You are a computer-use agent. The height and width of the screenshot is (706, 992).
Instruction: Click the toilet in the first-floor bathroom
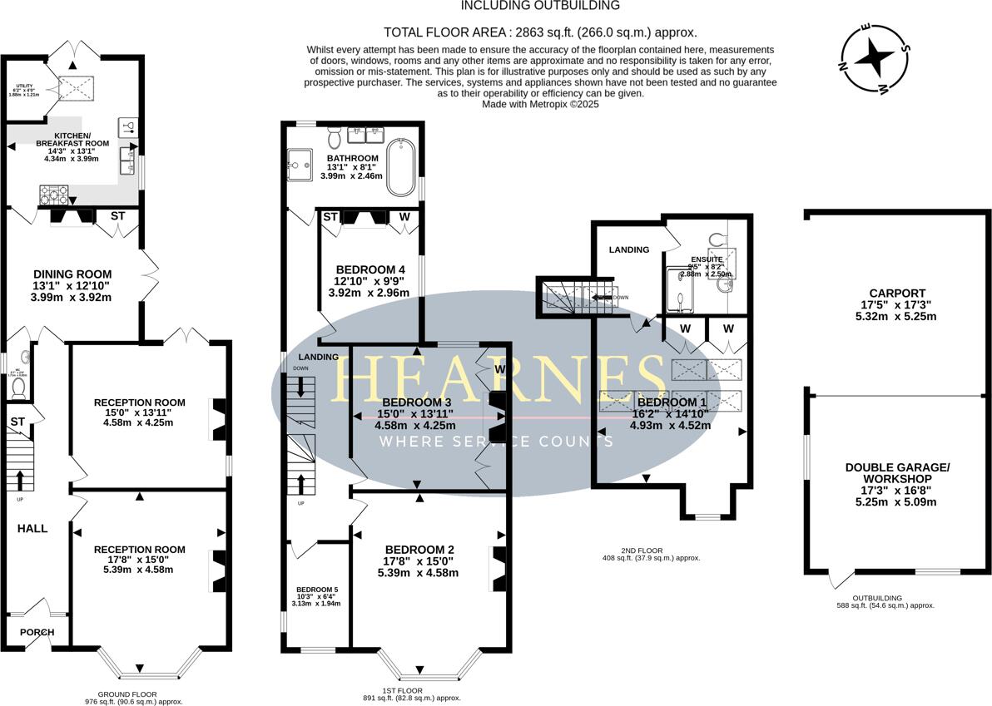tap(335, 135)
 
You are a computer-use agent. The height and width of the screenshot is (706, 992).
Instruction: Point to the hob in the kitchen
tap(54, 194)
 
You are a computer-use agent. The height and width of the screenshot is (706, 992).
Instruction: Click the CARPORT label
tap(896, 293)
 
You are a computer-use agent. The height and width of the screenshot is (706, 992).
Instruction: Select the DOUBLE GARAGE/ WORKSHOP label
tap(897, 473)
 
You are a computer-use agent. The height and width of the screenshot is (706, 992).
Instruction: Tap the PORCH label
tap(37, 633)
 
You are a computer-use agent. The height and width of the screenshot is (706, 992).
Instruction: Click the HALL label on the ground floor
tap(33, 528)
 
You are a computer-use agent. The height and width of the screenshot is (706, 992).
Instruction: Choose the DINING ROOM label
tap(72, 274)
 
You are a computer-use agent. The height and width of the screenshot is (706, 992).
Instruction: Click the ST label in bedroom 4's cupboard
tap(330, 217)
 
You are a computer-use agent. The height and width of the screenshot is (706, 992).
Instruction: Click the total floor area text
tap(540, 32)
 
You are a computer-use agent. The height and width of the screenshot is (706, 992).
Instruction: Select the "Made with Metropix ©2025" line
tap(540, 104)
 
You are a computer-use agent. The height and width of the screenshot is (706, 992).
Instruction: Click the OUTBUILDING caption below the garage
tap(885, 598)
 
